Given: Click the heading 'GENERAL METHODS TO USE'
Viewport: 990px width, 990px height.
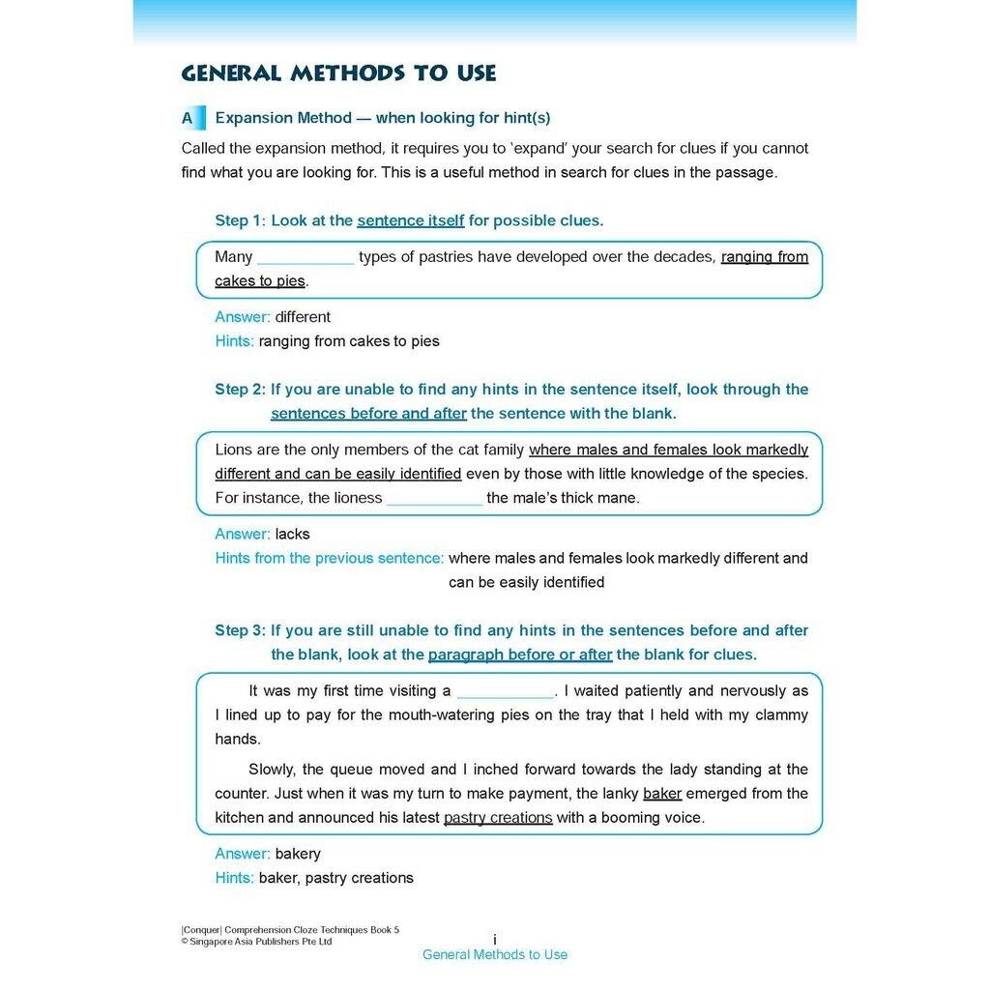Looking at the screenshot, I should (338, 73).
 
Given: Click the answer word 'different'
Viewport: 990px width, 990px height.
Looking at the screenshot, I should (303, 317).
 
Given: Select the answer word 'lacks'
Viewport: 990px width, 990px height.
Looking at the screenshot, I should (292, 534).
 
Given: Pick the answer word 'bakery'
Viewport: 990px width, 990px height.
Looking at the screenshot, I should (298, 854).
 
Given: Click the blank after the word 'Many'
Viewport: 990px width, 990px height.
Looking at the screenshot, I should (306, 258).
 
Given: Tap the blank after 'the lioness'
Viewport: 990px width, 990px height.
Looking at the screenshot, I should (434, 499).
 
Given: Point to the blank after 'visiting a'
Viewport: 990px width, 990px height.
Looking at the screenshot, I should (505, 691).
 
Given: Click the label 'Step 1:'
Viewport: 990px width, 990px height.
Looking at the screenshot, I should (240, 220).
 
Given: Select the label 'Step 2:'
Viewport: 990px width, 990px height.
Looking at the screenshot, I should (240, 390).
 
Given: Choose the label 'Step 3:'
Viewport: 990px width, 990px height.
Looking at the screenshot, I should (240, 630).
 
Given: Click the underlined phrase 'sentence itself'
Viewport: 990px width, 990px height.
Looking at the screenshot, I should (411, 220).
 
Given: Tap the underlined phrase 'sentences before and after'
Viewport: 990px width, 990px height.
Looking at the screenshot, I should (368, 414).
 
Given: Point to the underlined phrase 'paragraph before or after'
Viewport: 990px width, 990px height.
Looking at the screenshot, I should (520, 655).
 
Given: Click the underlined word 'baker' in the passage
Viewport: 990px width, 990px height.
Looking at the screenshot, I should (662, 794).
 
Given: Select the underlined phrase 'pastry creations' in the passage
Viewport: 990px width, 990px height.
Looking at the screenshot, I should (498, 818).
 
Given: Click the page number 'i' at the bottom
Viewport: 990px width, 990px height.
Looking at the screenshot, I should (495, 940).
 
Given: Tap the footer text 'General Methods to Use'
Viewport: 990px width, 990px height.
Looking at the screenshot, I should (495, 955).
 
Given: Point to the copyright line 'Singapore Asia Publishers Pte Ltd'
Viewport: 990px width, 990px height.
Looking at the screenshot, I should (260, 942).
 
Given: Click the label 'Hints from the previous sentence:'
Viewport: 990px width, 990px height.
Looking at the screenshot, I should (329, 558).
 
